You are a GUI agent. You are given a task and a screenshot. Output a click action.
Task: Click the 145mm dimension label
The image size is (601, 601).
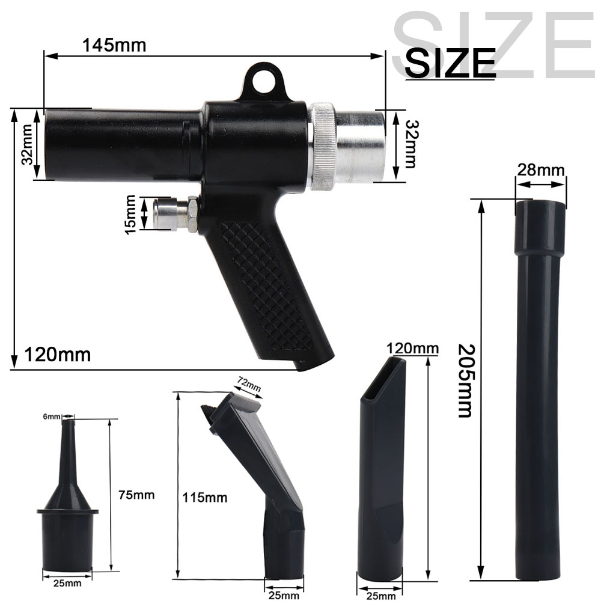click(114, 45)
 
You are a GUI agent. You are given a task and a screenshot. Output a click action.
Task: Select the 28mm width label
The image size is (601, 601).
click(540, 169)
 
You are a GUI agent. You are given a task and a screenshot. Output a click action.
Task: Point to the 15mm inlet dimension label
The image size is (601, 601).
click(130, 215)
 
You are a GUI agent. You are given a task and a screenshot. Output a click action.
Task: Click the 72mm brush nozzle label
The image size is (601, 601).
click(249, 385)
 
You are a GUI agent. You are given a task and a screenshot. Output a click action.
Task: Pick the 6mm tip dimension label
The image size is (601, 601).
click(52, 416)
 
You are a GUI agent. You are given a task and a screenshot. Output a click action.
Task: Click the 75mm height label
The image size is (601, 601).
click(136, 495)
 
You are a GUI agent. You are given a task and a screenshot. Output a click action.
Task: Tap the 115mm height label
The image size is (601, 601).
click(205, 498)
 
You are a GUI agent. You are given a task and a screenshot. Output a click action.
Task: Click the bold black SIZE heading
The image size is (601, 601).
click(450, 63)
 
